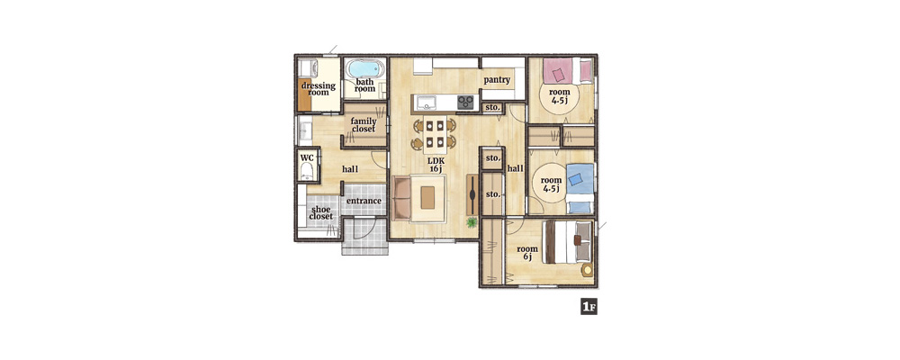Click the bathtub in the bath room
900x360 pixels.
pyautogui.click(x=365, y=69)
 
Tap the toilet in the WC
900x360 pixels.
pyautogui.click(x=307, y=170)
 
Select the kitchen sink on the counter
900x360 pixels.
pyautogui.click(x=427, y=103)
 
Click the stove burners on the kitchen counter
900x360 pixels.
pyautogui.click(x=465, y=103)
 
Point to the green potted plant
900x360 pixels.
pyautogui.click(x=472, y=221)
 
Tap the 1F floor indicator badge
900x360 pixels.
pyautogui.click(x=589, y=307)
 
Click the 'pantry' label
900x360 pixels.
pyautogui.click(x=497, y=79)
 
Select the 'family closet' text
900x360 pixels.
pyautogui.click(x=364, y=124)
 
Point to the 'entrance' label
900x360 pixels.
pyautogui.click(x=364, y=201)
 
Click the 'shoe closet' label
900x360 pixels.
pyautogui.click(x=321, y=212)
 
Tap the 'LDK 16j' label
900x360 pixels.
pyautogui.click(x=436, y=165)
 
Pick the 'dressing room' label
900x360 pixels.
pyautogui.click(x=319, y=89)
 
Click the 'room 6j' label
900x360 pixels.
pyautogui.click(x=527, y=253)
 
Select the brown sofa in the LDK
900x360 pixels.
pyautogui.click(x=401, y=198)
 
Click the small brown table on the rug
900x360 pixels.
pyautogui.click(x=427, y=198)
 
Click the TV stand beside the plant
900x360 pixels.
pyautogui.click(x=472, y=194)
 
